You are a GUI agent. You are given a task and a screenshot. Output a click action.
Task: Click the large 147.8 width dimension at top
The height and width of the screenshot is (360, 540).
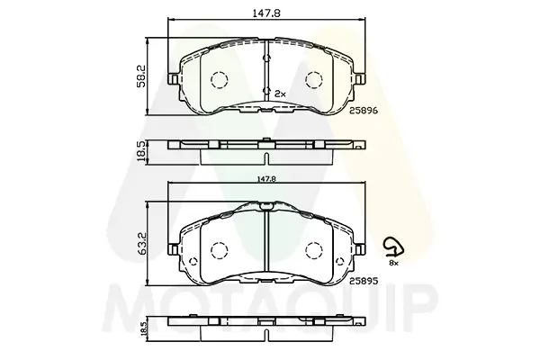[x=266, y=13]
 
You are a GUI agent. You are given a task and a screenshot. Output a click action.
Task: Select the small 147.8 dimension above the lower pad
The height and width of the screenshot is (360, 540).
[x=267, y=179]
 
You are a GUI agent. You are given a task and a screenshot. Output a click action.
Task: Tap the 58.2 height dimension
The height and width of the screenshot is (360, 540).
[x=142, y=76]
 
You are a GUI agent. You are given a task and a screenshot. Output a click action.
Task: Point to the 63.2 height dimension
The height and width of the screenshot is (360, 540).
[x=142, y=244]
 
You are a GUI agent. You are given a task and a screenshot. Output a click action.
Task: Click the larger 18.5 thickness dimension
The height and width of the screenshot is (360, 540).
[x=141, y=151]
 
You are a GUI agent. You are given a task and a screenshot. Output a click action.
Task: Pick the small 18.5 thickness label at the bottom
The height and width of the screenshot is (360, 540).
[x=144, y=327]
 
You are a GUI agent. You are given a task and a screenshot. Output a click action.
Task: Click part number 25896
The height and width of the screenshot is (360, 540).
[x=364, y=111]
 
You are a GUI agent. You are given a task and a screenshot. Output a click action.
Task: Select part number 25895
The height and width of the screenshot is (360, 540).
[x=364, y=281]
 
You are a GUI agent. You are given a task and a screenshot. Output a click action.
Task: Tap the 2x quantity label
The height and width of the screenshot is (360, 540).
[x=280, y=94]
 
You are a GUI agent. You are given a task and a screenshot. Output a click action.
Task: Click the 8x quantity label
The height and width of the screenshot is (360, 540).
[x=393, y=263]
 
